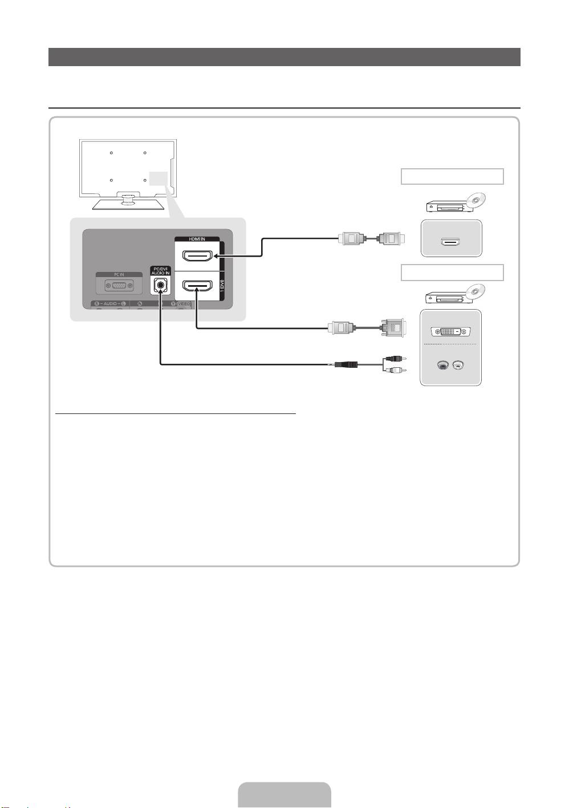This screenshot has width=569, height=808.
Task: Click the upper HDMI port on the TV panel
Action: coord(196,256)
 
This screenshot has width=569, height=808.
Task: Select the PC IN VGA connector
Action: coord(119,287)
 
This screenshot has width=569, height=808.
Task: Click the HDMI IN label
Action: coord(197,238)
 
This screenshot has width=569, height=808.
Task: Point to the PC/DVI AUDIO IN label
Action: coord(160,270)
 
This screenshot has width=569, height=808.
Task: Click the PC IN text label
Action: coord(119,274)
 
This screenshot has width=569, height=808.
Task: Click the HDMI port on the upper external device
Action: coord(450,242)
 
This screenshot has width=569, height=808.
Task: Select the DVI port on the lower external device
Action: coord(450,331)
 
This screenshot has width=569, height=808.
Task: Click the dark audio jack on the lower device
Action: coord(442,365)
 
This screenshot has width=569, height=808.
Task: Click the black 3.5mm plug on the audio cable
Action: coord(345,364)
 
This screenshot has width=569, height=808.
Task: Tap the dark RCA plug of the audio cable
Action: coord(394,359)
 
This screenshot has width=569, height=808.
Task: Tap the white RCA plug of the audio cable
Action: coord(394,370)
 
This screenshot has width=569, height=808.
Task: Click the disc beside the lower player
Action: coord(474,292)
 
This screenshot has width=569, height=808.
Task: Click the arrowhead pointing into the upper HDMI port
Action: coord(212,256)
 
